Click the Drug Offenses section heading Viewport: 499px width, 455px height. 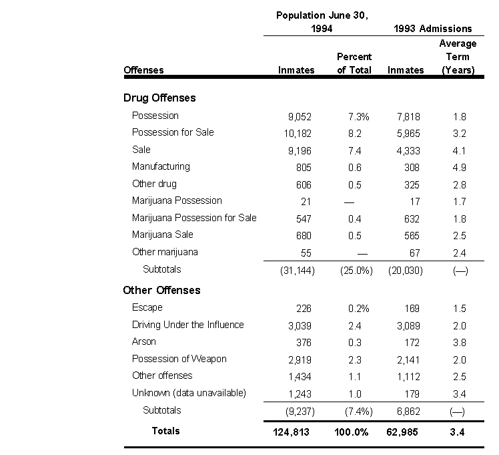(x=159, y=98)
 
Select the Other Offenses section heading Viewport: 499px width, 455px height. (x=161, y=290)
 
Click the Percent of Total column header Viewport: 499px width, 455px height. (x=354, y=63)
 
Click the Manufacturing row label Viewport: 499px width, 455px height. (x=161, y=166)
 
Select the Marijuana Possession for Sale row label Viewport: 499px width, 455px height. (x=194, y=218)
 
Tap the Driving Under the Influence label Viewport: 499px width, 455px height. (x=188, y=325)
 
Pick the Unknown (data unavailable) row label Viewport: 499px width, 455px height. (x=189, y=393)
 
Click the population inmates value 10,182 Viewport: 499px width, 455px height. (x=298, y=133)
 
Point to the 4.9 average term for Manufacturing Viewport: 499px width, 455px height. (x=459, y=167)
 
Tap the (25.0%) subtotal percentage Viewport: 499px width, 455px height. (x=354, y=270)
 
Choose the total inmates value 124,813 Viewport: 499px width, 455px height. (x=292, y=432)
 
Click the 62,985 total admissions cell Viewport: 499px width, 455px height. (x=403, y=432)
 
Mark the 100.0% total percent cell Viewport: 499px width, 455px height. (x=352, y=432)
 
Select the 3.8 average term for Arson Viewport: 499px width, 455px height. (x=459, y=342)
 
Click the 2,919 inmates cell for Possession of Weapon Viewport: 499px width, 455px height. (x=299, y=359)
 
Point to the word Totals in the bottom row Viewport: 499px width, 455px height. (x=165, y=431)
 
